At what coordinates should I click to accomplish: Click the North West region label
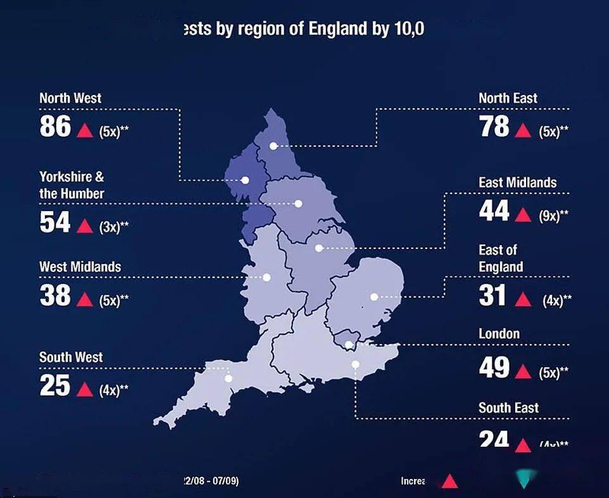pos(70,98)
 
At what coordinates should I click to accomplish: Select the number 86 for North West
pos(55,127)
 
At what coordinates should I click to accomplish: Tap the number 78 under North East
pos(494,127)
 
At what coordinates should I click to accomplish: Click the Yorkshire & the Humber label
pos(72,185)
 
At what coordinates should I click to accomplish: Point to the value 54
pos(55,222)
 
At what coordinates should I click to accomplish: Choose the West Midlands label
pos(80,267)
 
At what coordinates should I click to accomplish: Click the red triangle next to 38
pos(84,298)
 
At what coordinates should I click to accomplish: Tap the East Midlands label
pos(517,182)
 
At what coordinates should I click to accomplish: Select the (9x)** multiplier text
pos(553,216)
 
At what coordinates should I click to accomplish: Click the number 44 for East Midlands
pos(494,211)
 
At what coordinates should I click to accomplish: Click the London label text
pos(499,334)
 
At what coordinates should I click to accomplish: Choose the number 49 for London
pos(494,367)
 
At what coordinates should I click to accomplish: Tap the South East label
pos(508,408)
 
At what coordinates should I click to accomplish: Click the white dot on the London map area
pos(349,345)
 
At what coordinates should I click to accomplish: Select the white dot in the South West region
pos(229,379)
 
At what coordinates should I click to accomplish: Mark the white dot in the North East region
pos(273,146)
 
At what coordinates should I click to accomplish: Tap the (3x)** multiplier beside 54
pos(113,227)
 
